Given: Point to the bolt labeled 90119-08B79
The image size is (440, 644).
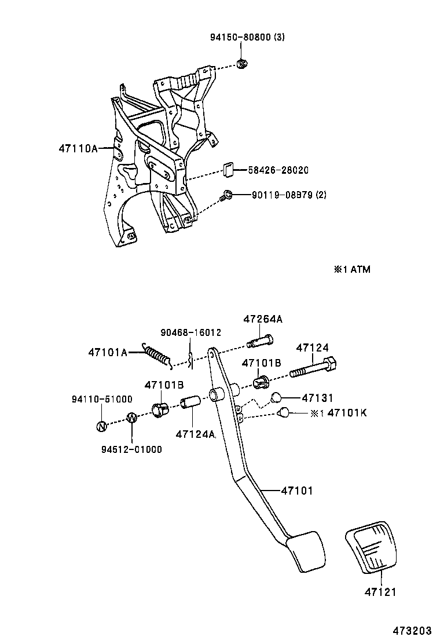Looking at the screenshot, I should click(x=228, y=196).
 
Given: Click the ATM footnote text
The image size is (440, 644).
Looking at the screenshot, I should click(x=351, y=269).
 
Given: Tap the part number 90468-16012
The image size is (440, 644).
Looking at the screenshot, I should click(x=190, y=332).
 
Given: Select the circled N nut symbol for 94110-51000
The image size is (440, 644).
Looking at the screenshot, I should click(x=102, y=426).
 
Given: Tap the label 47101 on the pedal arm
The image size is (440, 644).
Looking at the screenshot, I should click(x=296, y=491).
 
